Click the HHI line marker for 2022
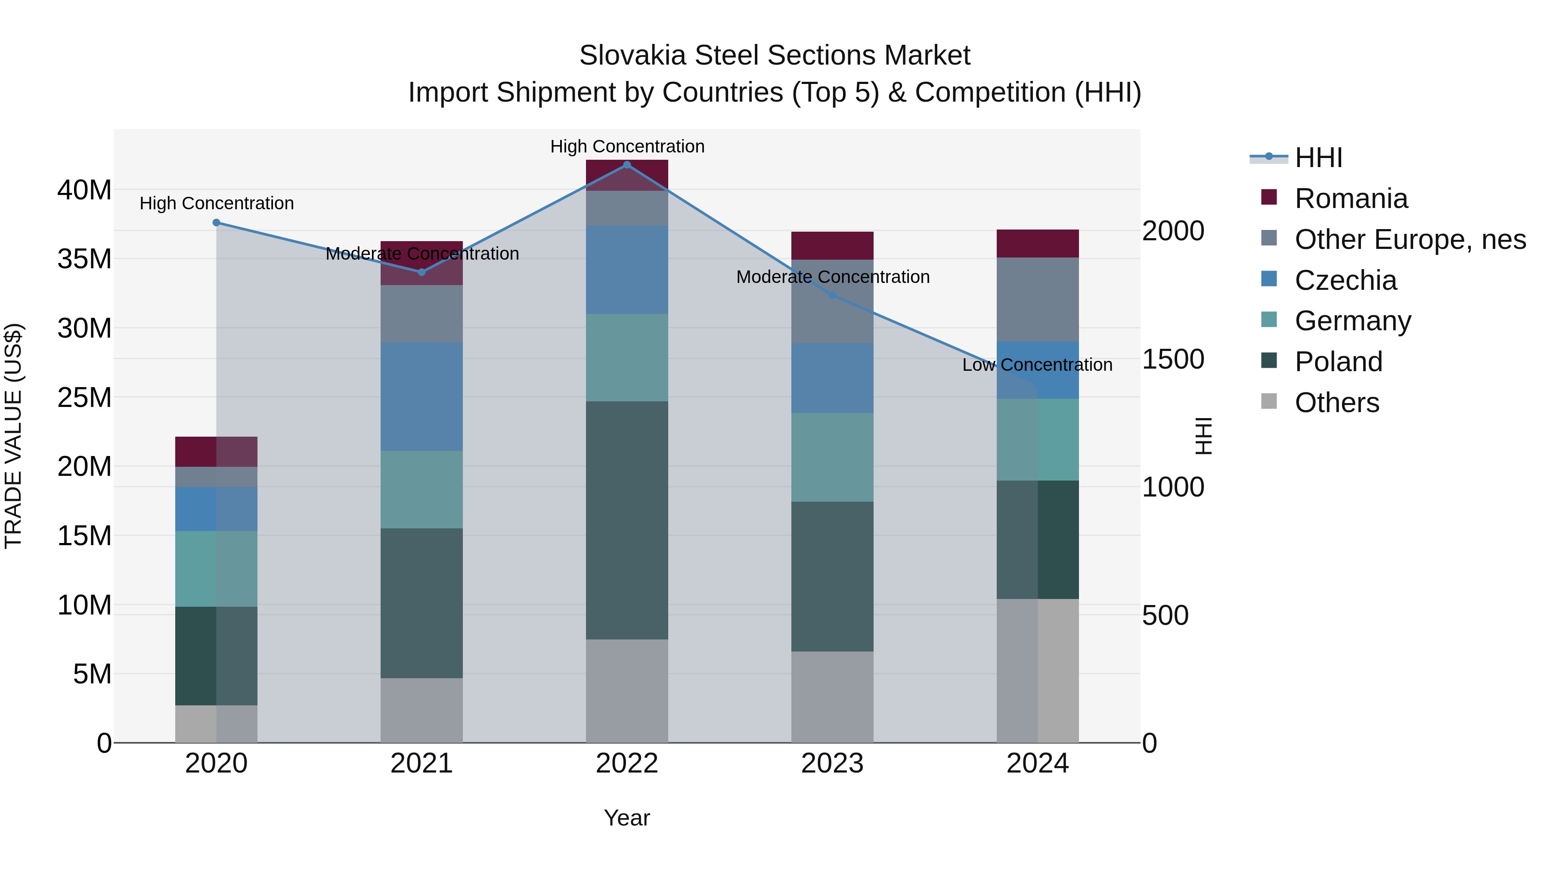[627, 165]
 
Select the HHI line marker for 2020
[217, 223]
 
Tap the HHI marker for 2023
[832, 295]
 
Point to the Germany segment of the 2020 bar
[217, 569]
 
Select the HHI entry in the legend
[1318, 158]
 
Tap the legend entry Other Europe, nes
[1410, 239]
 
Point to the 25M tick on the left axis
[84, 397]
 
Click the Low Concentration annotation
[1037, 365]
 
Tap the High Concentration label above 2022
[627, 146]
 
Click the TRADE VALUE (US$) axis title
[13, 436]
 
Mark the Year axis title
[627, 818]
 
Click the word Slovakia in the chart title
[632, 56]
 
